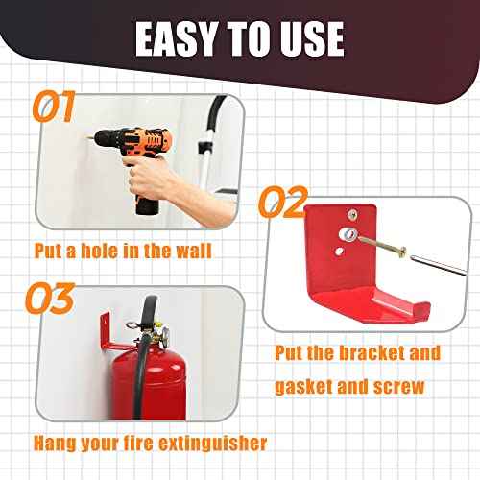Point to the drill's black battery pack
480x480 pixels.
pyautogui.click(x=146, y=204)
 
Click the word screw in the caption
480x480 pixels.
pyautogui.click(x=418, y=387)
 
